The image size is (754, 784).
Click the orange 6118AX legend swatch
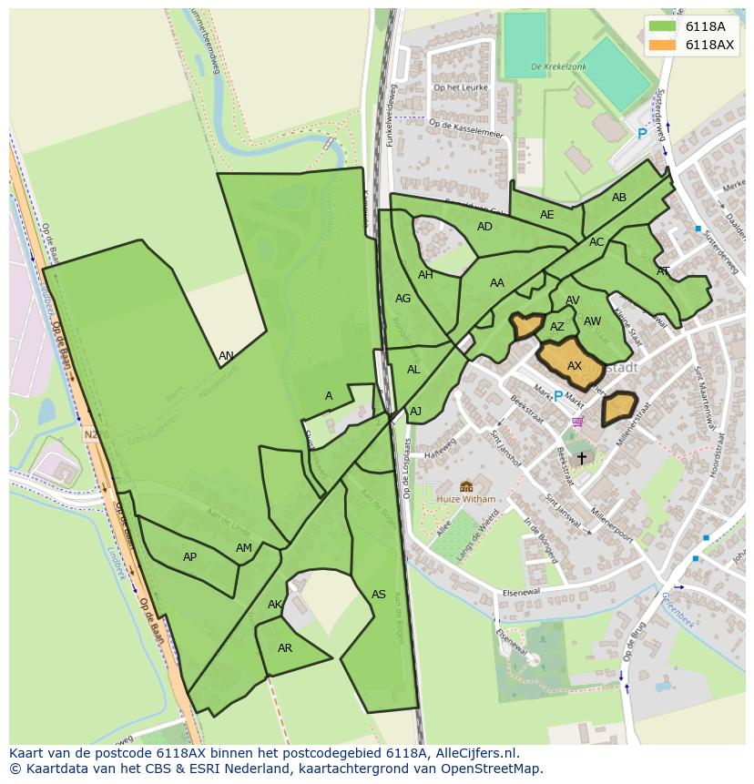662,45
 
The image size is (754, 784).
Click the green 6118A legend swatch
662,26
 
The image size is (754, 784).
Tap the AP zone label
189,557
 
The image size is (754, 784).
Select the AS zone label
379,595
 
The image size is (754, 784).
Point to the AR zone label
285,648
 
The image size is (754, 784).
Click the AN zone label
226,356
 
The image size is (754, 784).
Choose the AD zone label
484,227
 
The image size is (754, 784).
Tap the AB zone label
619,198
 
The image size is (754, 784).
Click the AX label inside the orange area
575,366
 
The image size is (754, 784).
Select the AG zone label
403,299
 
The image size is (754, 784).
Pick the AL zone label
413,370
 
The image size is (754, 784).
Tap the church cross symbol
582,459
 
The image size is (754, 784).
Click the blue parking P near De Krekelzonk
642,134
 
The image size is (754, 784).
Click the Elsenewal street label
520,593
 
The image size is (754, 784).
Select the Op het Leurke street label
462,87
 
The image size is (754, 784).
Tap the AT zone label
663,271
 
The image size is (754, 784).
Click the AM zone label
244,548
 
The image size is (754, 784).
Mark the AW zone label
592,321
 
